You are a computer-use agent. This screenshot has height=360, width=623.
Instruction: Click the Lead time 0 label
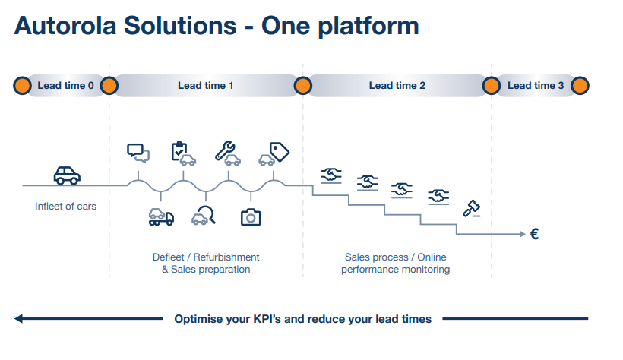coord(65,86)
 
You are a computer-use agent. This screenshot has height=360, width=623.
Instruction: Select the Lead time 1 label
coord(205,86)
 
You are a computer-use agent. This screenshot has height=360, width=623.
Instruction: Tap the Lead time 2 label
coord(397,86)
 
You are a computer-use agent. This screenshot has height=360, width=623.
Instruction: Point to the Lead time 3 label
coord(535,86)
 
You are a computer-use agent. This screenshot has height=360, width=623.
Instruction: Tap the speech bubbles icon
coord(138,152)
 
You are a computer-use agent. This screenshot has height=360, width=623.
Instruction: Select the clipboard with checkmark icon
coord(182,153)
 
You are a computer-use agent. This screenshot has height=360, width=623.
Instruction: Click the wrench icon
coord(227,152)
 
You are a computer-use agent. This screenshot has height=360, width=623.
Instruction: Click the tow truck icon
coord(161,217)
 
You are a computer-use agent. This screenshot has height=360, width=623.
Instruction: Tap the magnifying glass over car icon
coord(204,216)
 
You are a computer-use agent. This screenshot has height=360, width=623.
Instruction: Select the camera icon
coord(251,217)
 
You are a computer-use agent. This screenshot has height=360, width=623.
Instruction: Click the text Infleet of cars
coord(65,207)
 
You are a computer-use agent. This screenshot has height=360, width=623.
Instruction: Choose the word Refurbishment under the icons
coord(226,257)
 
